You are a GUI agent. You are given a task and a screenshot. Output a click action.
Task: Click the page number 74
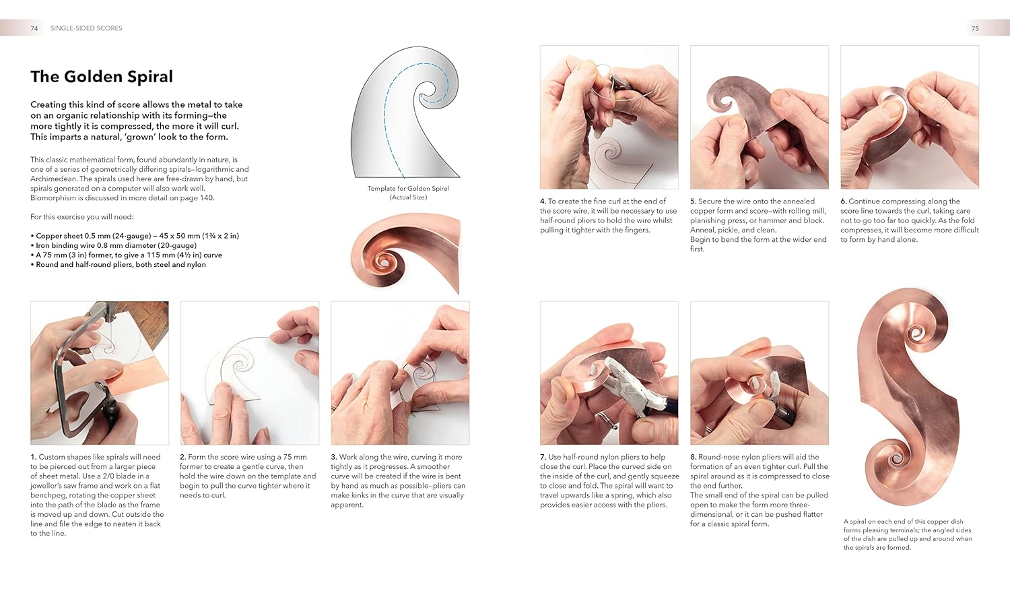click(x=34, y=28)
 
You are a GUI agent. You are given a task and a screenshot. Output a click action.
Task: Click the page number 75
click(x=975, y=28)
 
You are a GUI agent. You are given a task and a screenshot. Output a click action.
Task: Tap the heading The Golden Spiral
click(x=102, y=77)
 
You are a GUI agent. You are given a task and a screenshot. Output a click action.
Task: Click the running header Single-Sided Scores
click(x=86, y=28)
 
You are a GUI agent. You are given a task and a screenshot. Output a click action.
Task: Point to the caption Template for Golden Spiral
click(x=408, y=189)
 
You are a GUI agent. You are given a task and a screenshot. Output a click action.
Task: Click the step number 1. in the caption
click(x=34, y=457)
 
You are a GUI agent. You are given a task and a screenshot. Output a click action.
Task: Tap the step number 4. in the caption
click(x=543, y=201)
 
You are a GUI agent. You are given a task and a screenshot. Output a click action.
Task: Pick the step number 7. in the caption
click(x=543, y=457)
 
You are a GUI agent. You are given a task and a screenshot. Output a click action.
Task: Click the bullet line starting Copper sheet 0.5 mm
click(x=135, y=236)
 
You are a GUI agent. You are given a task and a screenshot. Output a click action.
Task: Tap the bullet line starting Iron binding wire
click(x=114, y=245)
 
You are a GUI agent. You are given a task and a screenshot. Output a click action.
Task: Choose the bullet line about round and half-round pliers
click(x=118, y=264)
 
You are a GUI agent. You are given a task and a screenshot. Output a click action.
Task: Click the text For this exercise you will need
click(x=82, y=217)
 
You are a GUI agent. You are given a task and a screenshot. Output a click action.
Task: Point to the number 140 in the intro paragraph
click(x=206, y=198)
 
